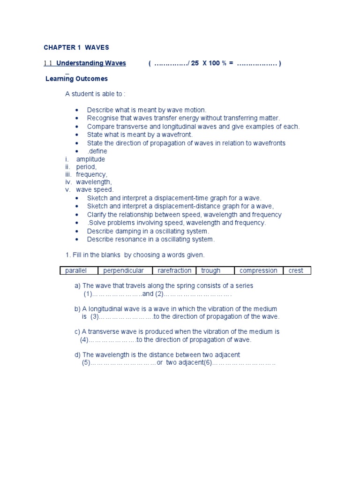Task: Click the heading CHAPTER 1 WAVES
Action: (x=76, y=47)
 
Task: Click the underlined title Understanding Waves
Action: (x=91, y=63)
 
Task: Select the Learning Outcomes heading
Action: (x=76, y=79)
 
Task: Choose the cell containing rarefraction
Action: (x=174, y=270)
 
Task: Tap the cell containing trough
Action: (x=211, y=270)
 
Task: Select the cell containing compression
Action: (x=258, y=270)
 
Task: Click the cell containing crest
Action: (x=296, y=270)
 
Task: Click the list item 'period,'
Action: (x=86, y=167)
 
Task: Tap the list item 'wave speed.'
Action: (x=95, y=190)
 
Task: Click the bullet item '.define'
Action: (x=97, y=151)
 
